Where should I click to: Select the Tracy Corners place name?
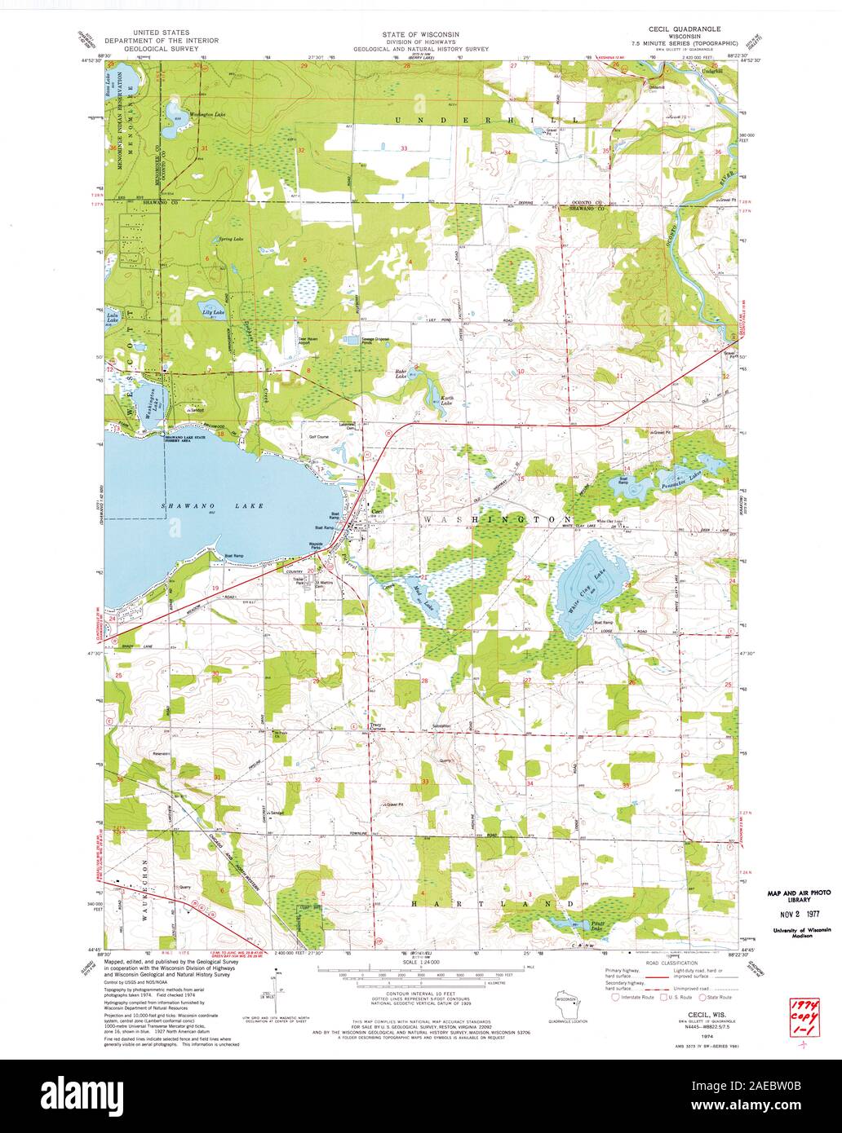coord(380,725)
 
